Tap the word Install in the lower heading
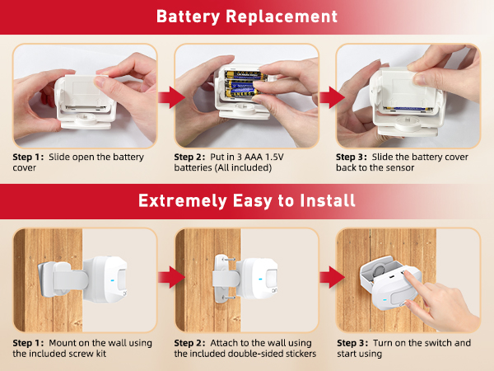pyautogui.click(x=326, y=200)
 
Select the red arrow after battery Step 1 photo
pyautogui.click(x=167, y=98)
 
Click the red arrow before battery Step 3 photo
pyautogui.click(x=329, y=98)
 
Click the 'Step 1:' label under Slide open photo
pyautogui.click(x=28, y=156)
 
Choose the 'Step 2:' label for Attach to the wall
pyautogui.click(x=190, y=341)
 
